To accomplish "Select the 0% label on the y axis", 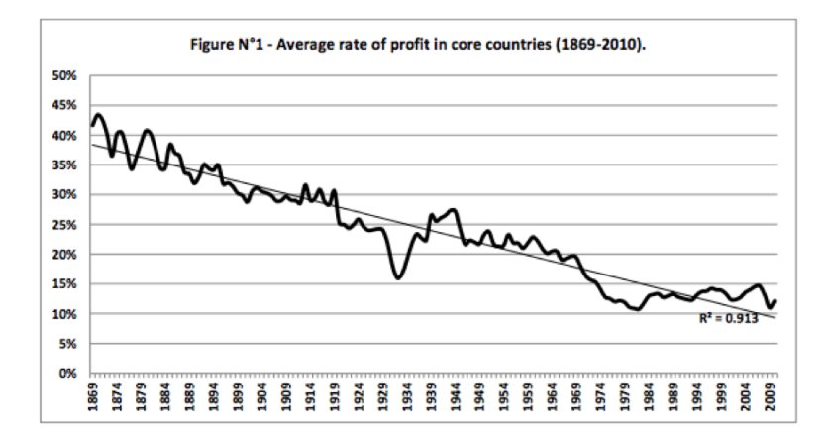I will [x=67, y=374].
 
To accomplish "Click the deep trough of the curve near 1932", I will [x=398, y=277].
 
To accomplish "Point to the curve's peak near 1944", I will [x=453, y=210].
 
